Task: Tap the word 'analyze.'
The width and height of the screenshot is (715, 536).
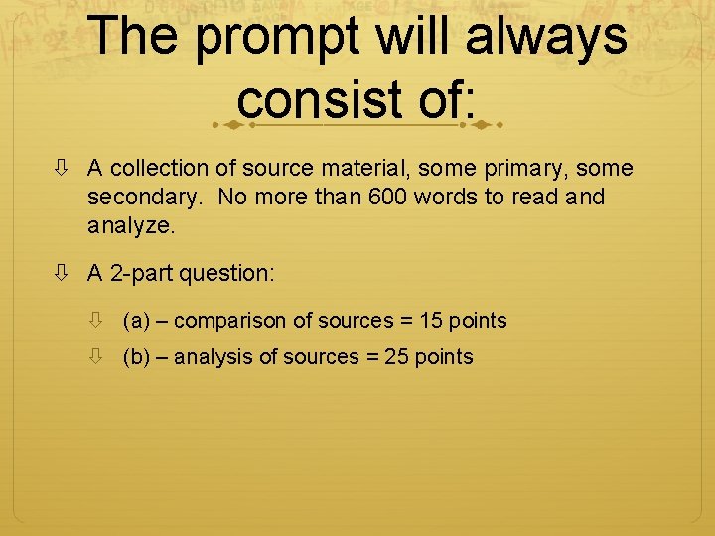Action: point(131,225)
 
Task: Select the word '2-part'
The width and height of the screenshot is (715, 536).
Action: point(138,272)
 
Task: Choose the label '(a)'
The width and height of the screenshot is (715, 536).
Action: point(136,321)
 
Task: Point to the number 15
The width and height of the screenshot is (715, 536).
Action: point(431,321)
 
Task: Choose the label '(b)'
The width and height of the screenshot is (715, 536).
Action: point(136,357)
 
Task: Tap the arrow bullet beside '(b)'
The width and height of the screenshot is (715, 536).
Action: point(97,357)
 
